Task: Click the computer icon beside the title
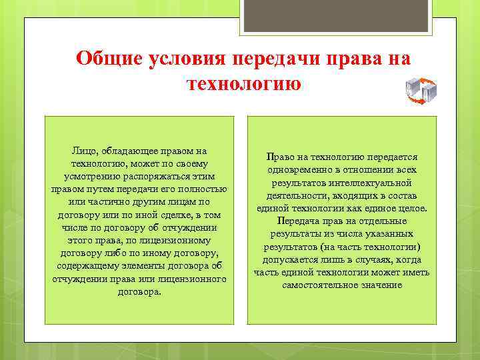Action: pos(421,91)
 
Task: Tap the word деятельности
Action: pos(296,195)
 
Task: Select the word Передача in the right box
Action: pos(299,221)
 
